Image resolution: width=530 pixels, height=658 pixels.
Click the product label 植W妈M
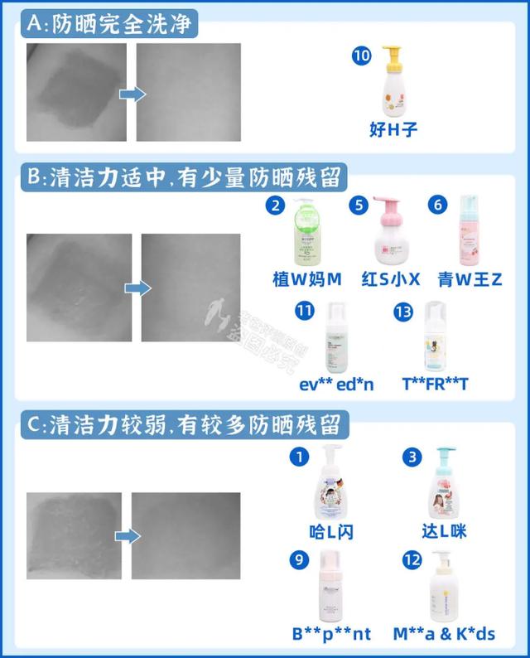coord(306,279)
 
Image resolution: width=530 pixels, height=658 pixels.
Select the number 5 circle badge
coord(357,205)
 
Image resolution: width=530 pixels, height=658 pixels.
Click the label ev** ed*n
coord(337,385)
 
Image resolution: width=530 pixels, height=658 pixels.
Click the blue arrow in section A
coord(132,94)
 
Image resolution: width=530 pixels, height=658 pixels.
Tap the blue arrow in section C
coord(127,536)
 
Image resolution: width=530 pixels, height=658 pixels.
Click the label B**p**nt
coord(332,634)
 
